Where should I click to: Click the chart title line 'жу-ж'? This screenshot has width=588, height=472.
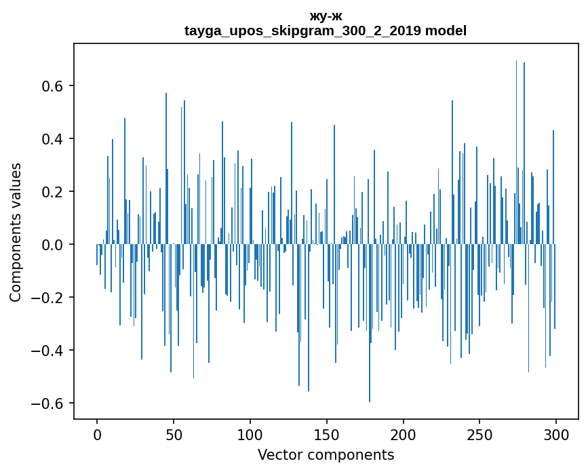pyautogui.click(x=326, y=16)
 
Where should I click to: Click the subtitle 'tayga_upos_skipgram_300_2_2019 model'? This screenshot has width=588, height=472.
pyautogui.click(x=326, y=31)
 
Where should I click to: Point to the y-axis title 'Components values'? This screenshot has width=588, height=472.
pyautogui.click(x=16, y=232)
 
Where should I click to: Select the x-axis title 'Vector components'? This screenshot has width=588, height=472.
pyautogui.click(x=326, y=454)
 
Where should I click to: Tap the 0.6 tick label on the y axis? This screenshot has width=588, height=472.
pyautogui.click(x=51, y=86)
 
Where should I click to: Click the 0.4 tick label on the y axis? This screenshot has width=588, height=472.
pyautogui.click(x=51, y=139)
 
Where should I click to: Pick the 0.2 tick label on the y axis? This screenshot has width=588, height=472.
pyautogui.click(x=51, y=192)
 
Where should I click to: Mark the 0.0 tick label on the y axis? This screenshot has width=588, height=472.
pyautogui.click(x=51, y=245)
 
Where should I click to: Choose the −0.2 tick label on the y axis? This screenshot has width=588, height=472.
pyautogui.click(x=46, y=298)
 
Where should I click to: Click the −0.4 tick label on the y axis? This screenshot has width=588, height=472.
pyautogui.click(x=46, y=351)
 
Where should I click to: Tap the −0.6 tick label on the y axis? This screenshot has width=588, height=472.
pyautogui.click(x=46, y=404)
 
